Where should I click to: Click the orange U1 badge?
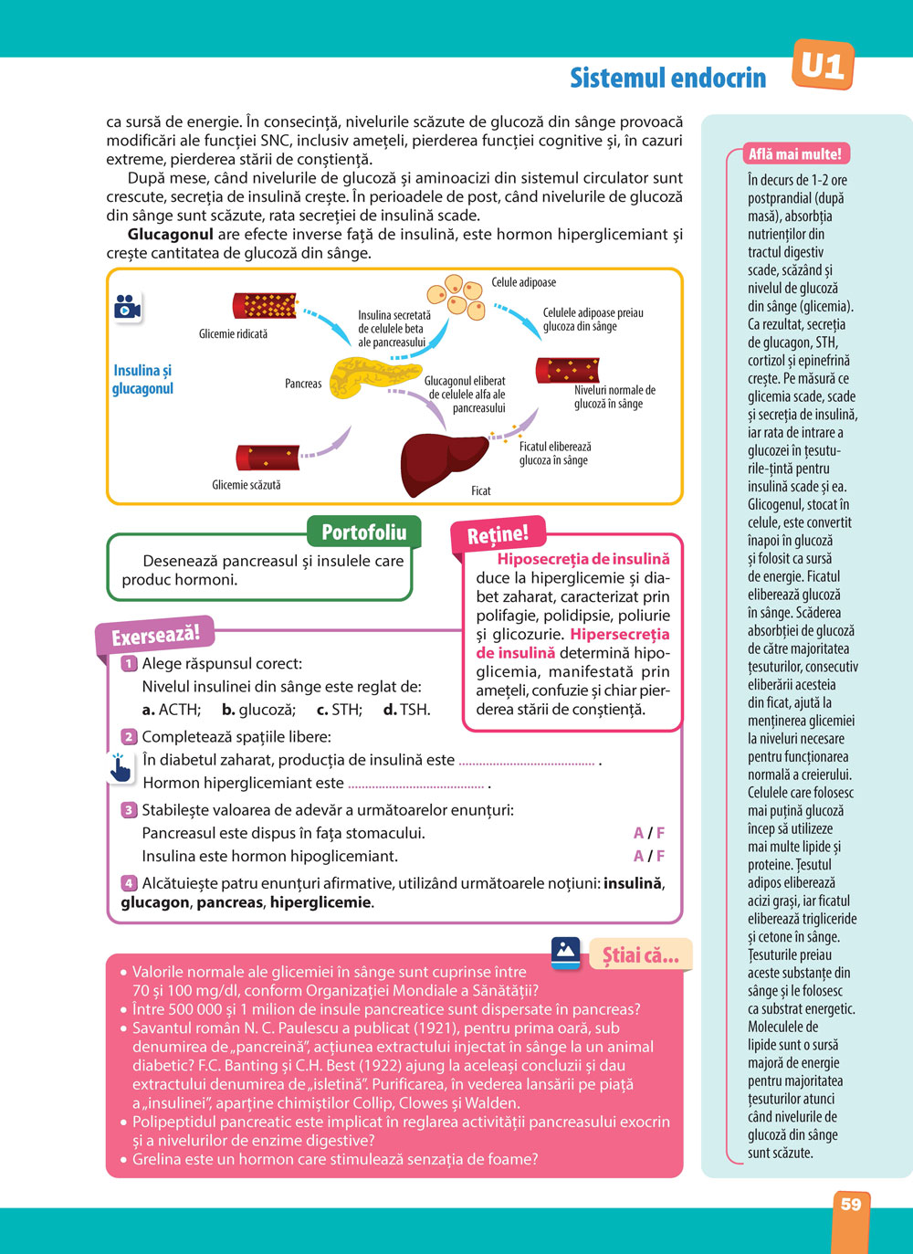[823, 66]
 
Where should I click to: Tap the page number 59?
[851, 1205]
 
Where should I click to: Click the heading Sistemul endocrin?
[667, 79]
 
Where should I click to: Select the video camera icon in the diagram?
[128, 307]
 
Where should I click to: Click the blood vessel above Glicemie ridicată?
[264, 306]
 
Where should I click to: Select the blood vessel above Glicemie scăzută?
[267, 457]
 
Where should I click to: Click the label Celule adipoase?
[523, 282]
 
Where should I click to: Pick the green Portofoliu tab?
[363, 532]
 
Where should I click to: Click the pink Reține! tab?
[498, 535]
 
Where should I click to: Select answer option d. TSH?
[406, 710]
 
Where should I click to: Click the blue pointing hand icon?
[120, 768]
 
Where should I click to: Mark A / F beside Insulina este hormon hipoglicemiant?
[649, 856]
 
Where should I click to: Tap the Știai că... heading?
[641, 955]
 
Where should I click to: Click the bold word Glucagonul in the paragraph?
[170, 235]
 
